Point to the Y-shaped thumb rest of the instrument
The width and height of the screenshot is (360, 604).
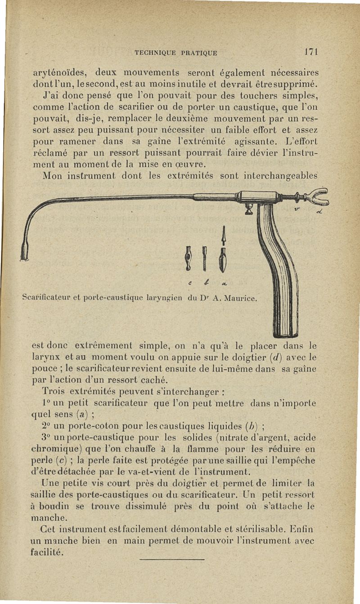317,196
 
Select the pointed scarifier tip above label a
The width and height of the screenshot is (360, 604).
223,252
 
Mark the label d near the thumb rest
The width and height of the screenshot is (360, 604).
318,213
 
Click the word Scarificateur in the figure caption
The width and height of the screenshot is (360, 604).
43,297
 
